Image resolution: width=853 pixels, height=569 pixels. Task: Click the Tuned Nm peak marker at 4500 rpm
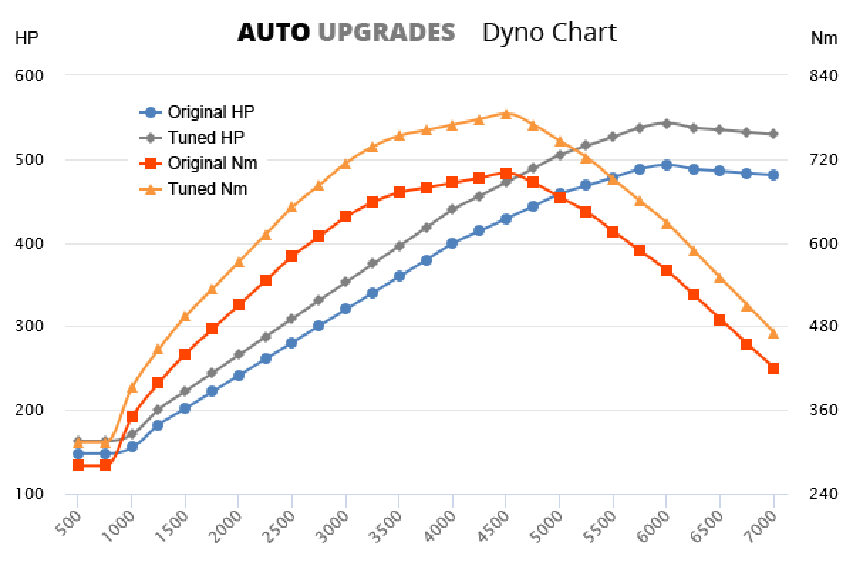505,114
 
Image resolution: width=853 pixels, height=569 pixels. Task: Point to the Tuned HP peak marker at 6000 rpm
666,123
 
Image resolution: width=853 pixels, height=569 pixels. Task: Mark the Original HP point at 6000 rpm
666,165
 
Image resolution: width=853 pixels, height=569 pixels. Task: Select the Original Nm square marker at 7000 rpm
773,368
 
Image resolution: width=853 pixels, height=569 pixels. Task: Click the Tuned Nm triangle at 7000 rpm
773,333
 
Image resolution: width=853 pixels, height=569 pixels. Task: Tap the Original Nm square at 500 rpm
78,465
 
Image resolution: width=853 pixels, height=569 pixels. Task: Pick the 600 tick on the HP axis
29,75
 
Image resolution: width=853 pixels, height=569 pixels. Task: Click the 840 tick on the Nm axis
824,75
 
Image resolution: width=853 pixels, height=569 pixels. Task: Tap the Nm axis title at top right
824,38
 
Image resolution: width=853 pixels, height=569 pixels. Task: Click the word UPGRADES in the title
386,32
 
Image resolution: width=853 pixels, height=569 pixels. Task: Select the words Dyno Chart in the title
549,32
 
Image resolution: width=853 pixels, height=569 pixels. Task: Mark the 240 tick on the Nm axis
824,494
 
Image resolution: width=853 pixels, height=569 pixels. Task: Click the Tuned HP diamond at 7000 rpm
773,134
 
